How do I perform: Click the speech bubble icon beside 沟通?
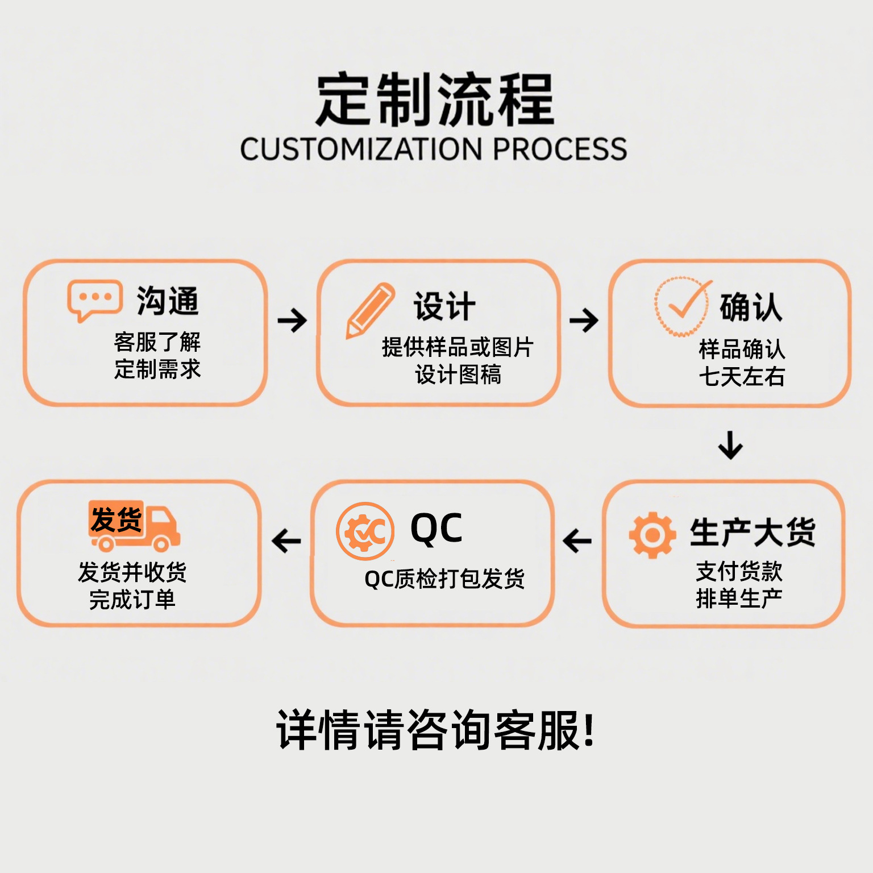point(94,300)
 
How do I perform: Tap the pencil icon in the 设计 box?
point(370,310)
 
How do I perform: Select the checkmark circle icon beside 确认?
point(682,307)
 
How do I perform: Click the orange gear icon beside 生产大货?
point(652,535)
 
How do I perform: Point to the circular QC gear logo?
point(365,531)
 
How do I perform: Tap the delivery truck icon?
point(134,526)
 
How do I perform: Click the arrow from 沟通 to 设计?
point(292,321)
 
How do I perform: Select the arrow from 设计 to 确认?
point(584,321)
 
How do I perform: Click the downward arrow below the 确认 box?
point(730,445)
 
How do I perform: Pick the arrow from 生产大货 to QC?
point(577,541)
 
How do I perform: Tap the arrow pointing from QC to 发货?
point(286,541)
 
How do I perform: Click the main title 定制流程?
point(435,100)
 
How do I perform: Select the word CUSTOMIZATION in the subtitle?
point(361,149)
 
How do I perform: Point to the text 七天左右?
point(742,376)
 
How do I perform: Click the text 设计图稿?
point(458,375)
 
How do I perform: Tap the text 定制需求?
point(157,369)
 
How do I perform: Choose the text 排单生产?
point(739,598)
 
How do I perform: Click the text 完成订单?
point(132,600)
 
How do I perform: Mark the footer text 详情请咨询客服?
point(435,730)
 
